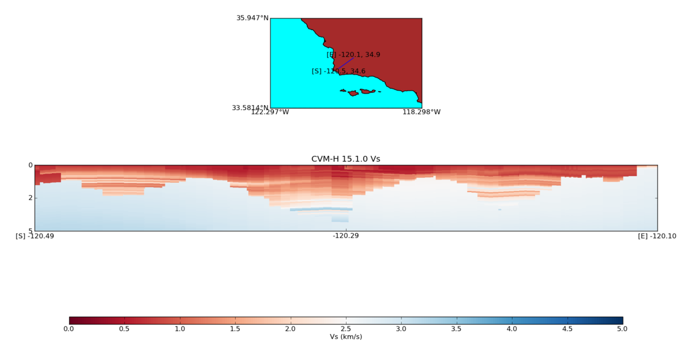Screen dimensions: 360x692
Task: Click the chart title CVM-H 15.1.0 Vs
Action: coord(345,159)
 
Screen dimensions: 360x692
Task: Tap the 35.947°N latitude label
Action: coord(252,18)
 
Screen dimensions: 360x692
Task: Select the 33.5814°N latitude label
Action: coord(250,108)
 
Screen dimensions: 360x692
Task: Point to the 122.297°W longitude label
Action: coord(270,112)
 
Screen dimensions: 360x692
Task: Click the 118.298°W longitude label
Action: coord(421,112)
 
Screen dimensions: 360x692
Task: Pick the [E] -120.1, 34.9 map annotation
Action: coord(353,55)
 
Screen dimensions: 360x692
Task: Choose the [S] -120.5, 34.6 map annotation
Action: coord(339,72)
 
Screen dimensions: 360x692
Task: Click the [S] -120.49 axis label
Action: coord(35,236)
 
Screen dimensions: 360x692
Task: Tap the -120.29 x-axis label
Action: coord(345,236)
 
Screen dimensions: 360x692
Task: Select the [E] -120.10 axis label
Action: coord(657,236)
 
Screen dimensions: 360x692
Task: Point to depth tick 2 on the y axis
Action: coord(29,198)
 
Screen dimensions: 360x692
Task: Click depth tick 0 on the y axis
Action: coord(29,165)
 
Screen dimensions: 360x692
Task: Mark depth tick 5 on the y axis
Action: coord(29,231)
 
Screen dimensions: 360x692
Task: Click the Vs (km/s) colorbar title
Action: coord(345,337)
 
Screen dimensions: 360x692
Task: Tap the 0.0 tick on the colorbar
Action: coord(69,329)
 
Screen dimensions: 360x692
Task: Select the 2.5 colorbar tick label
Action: coord(345,329)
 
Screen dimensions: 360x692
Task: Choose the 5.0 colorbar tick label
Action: coord(622,329)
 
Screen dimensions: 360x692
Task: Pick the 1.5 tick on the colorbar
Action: coord(235,329)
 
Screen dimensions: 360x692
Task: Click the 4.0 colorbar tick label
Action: coord(512,329)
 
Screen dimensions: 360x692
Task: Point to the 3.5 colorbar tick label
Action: coord(456,329)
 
